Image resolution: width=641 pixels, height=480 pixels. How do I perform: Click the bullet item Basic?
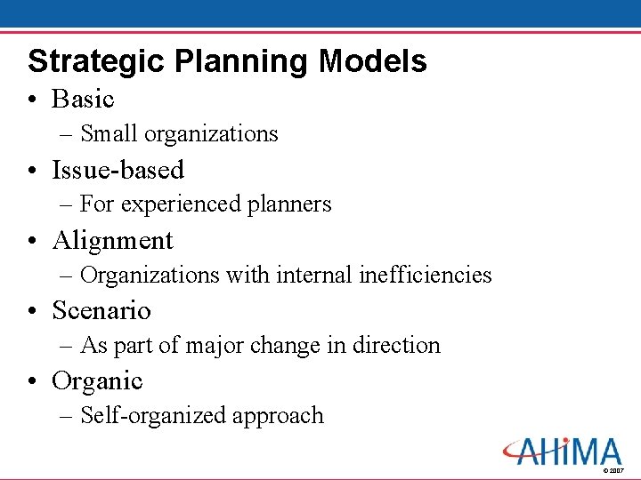[x=83, y=99]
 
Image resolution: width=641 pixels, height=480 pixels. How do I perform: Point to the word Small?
[x=109, y=134]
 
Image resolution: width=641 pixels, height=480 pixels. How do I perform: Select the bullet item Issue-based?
[x=118, y=169]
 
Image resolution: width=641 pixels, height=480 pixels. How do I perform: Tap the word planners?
[x=289, y=204]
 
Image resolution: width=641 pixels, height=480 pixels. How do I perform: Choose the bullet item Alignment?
[x=112, y=240]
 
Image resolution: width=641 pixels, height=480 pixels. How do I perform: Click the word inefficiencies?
[x=425, y=275]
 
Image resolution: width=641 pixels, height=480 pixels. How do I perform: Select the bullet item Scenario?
[x=101, y=310]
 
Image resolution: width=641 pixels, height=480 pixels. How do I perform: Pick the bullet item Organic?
[x=97, y=380]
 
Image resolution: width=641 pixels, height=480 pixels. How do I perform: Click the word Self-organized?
[x=153, y=415]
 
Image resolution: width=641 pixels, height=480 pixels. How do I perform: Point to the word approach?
[x=277, y=416]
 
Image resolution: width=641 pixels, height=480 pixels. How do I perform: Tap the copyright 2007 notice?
[x=613, y=470]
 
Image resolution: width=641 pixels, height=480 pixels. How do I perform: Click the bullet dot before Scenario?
[x=33, y=311]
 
